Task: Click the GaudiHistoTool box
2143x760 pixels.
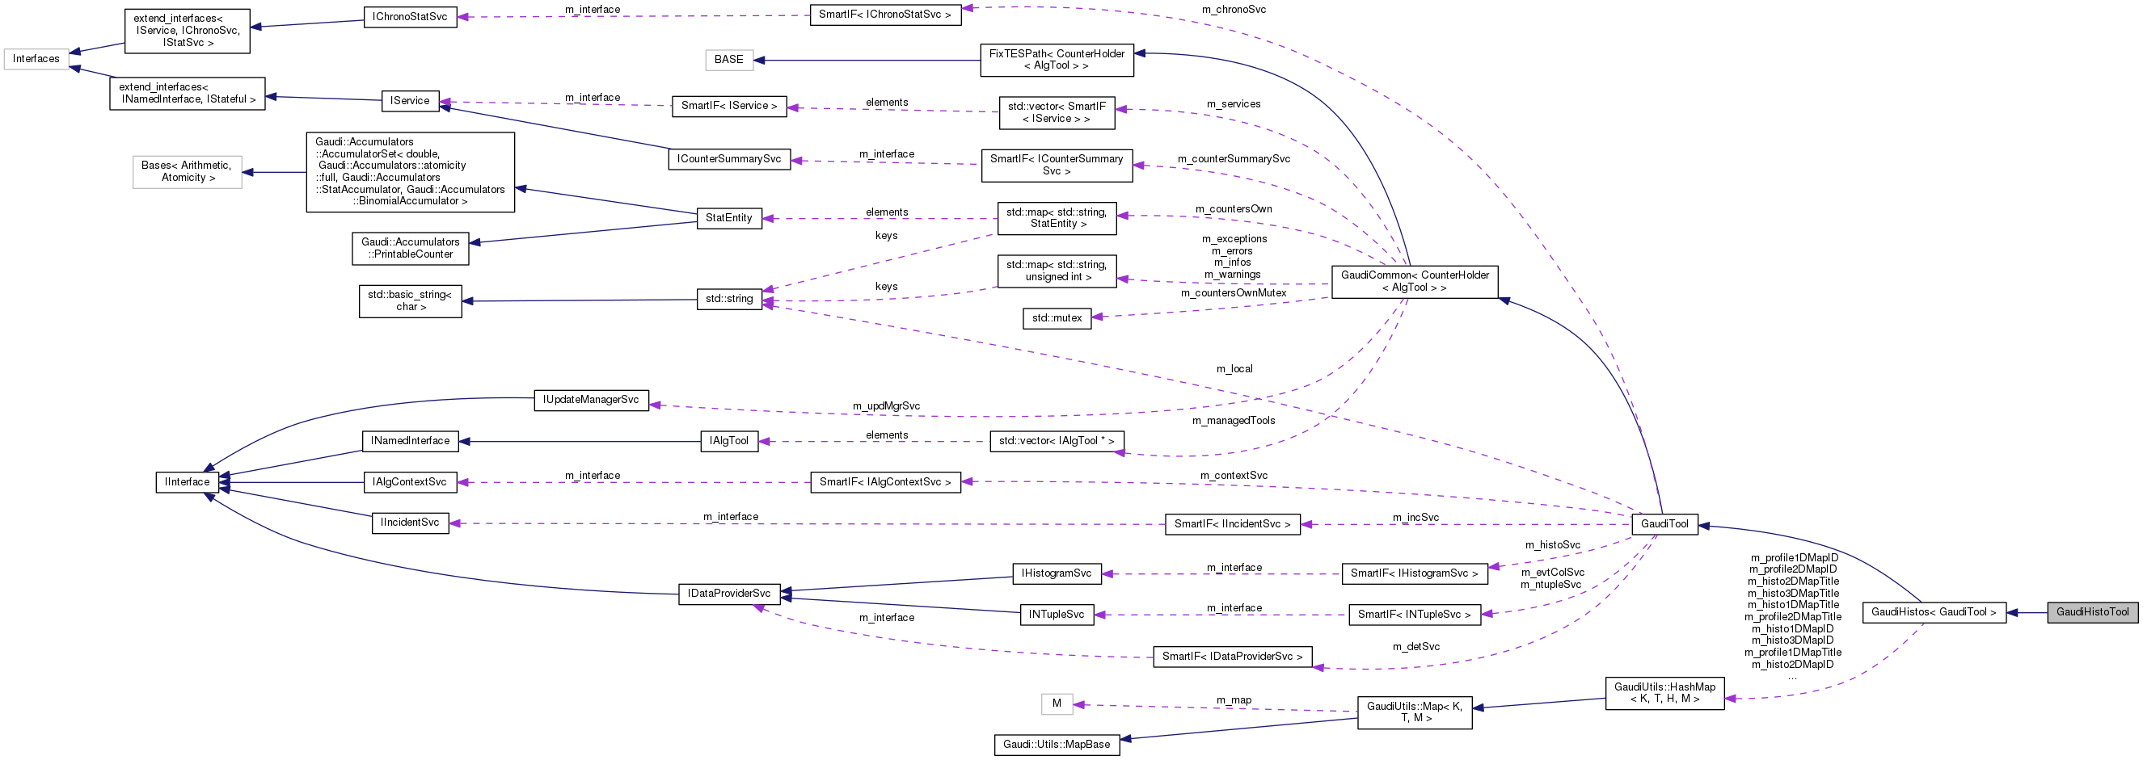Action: pyautogui.click(x=2091, y=612)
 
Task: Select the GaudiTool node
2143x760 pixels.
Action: pyautogui.click(x=1664, y=524)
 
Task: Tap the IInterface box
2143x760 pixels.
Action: pyautogui.click(x=188, y=482)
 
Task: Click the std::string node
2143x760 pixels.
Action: pyautogui.click(x=729, y=299)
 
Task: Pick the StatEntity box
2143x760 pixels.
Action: pyautogui.click(x=729, y=218)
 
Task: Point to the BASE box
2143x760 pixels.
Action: pyautogui.click(x=729, y=60)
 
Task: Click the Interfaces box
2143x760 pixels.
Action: pyautogui.click(x=36, y=59)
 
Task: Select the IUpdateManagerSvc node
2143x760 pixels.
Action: pyautogui.click(x=591, y=400)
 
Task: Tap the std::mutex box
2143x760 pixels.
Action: pyautogui.click(x=1057, y=318)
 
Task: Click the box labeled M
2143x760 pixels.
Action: pyautogui.click(x=1057, y=703)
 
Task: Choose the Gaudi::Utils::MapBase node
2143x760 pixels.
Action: pyautogui.click(x=1057, y=744)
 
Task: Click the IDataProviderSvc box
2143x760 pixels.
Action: pyautogui.click(x=729, y=594)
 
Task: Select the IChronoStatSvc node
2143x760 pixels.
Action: pyautogui.click(x=410, y=17)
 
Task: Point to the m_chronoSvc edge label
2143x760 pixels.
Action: pyautogui.click(x=1234, y=10)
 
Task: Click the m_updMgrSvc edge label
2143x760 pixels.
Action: pyautogui.click(x=886, y=405)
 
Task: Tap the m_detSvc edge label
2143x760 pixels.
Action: pyautogui.click(x=1416, y=646)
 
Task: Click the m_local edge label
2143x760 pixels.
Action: pyautogui.click(x=1234, y=368)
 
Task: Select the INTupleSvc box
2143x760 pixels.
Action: pyautogui.click(x=1057, y=615)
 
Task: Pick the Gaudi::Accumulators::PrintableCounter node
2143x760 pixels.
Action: pyautogui.click(x=410, y=249)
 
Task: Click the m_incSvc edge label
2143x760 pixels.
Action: pyautogui.click(x=1416, y=517)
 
